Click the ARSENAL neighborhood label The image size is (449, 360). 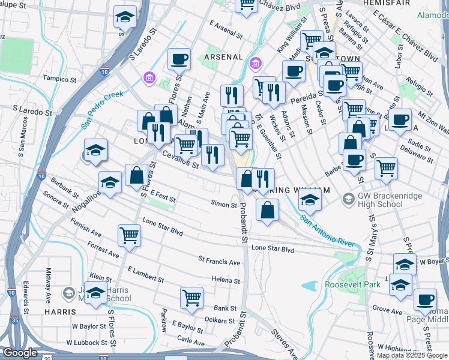tap(223, 57)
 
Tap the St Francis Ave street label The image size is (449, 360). tap(219, 262)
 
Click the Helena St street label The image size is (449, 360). tap(226, 280)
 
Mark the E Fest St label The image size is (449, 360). tap(163, 197)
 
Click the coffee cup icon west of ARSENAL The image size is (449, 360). tap(179, 59)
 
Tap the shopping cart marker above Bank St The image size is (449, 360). tap(191, 298)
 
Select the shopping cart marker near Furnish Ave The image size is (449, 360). tap(130, 236)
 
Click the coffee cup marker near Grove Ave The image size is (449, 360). tap(426, 299)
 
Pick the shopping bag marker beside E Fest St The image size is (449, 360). tap(137, 176)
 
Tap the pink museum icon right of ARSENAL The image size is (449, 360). tap(256, 63)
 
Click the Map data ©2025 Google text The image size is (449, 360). tap(411, 355)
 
